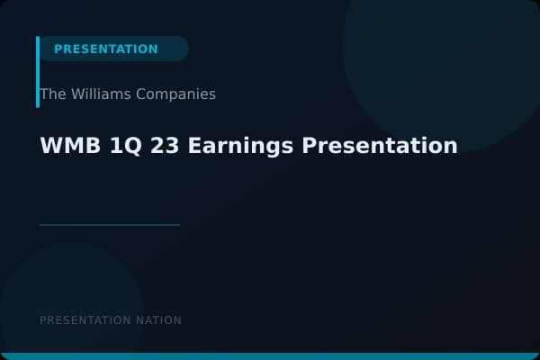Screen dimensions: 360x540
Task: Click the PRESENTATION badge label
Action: pos(105,49)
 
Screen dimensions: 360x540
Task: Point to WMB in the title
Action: pos(61,146)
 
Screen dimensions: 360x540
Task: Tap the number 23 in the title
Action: pos(155,146)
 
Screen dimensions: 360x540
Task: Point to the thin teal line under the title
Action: pos(110,224)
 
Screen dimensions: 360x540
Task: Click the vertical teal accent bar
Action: pos(38,72)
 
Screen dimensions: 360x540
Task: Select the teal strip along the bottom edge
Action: pos(270,356)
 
